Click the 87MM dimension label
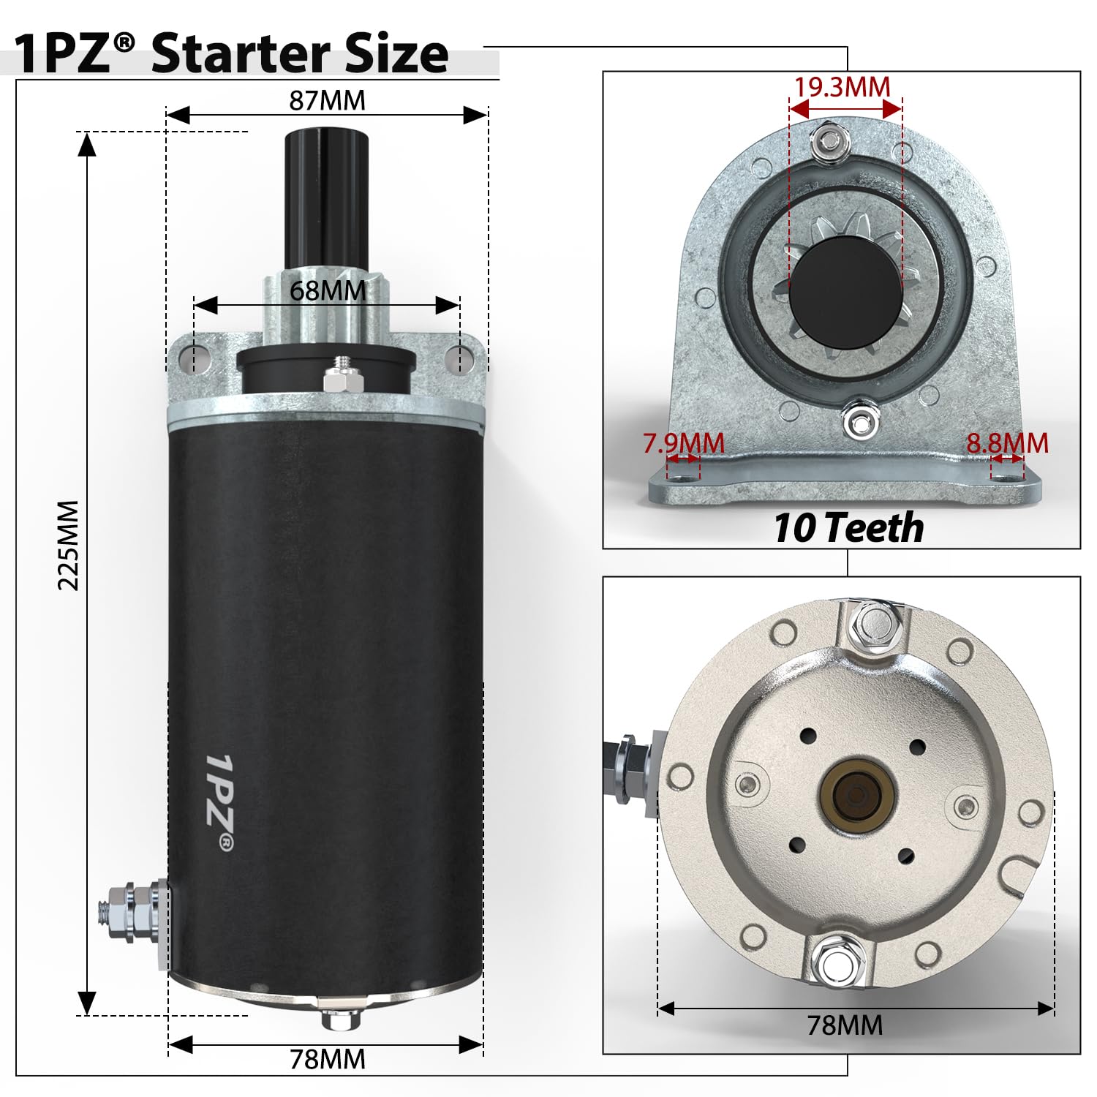(327, 100)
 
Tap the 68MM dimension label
(327, 290)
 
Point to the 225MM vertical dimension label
(68, 545)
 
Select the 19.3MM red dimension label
(842, 87)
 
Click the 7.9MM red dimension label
(683, 443)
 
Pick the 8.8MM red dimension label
(1007, 443)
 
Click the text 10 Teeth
(848, 528)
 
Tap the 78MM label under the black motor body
(327, 1059)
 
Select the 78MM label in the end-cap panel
(845, 1025)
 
